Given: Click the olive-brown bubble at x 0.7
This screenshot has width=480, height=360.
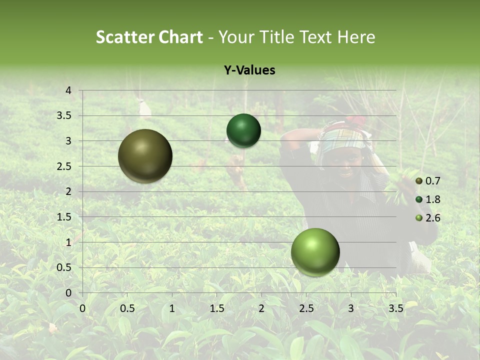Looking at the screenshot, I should point(145,156).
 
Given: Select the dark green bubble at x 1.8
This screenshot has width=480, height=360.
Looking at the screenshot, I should point(243,131).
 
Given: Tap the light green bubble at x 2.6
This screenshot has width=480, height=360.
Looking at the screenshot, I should point(315,252).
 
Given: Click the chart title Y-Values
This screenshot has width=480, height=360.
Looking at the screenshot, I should point(249,70).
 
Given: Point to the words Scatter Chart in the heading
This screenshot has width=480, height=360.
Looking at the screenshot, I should point(149,37).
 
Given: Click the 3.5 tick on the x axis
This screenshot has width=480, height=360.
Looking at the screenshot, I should point(395,308).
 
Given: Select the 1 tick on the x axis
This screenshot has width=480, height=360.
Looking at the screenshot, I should point(172,308).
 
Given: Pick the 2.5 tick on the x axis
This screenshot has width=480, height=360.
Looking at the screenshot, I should point(306,308).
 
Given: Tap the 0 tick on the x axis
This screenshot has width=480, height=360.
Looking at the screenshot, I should point(83,308).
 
